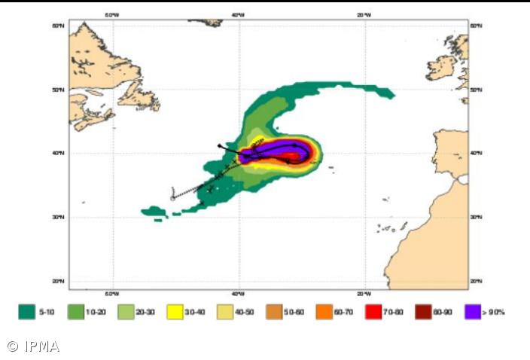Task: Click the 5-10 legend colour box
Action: [x=27, y=312]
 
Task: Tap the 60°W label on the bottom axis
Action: [x=112, y=294]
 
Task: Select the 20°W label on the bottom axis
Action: [x=363, y=294]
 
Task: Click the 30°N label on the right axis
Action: [x=476, y=217]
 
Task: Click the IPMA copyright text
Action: [x=33, y=346]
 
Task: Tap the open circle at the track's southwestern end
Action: [x=172, y=198]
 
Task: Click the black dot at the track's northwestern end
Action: [x=219, y=145]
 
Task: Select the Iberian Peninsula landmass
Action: [x=452, y=151]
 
